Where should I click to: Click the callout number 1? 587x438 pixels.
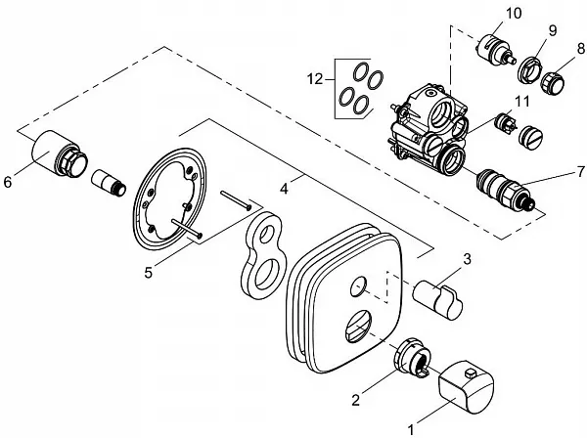pyautogui.click(x=410, y=426)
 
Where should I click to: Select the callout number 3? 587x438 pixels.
pyautogui.click(x=467, y=259)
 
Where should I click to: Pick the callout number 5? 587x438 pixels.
pyautogui.click(x=149, y=272)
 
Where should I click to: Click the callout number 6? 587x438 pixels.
pyautogui.click(x=10, y=181)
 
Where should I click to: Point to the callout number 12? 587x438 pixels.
pyautogui.click(x=314, y=76)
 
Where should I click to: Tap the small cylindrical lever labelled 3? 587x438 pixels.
pyautogui.click(x=436, y=293)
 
